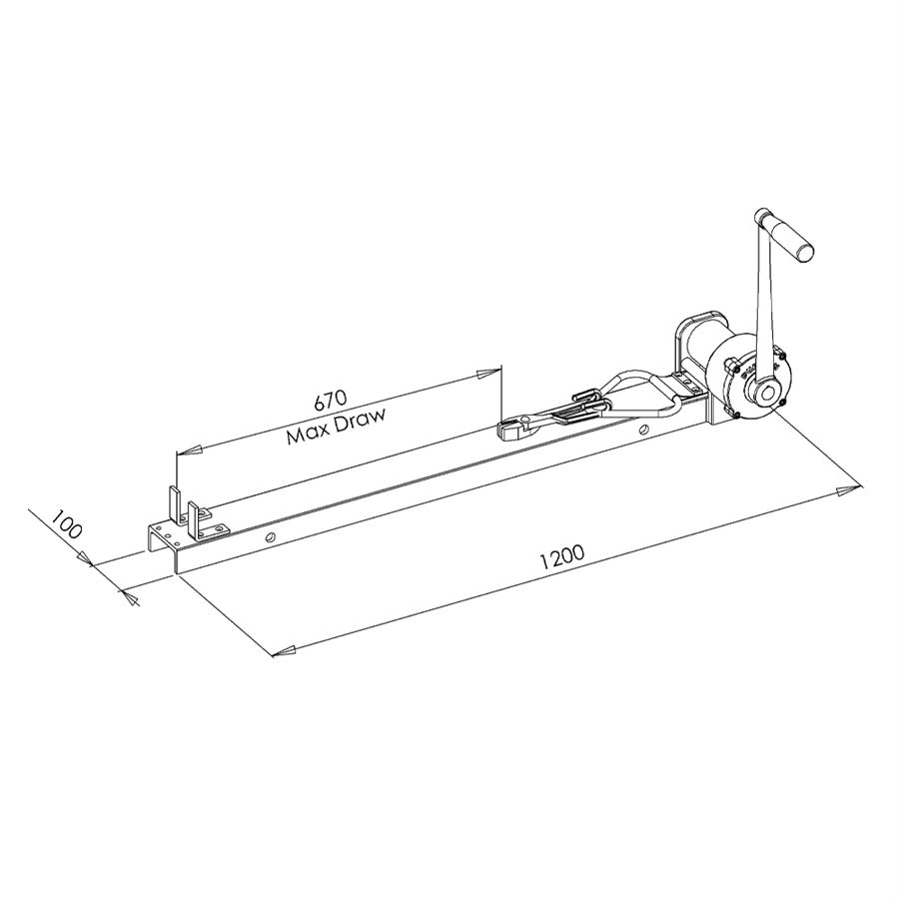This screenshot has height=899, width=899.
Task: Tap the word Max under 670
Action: pos(313,434)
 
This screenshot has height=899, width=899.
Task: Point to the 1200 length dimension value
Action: pos(562,557)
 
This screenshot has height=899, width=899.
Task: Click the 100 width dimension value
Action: pos(65,522)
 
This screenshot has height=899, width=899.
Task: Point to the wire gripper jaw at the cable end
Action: pos(514,429)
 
